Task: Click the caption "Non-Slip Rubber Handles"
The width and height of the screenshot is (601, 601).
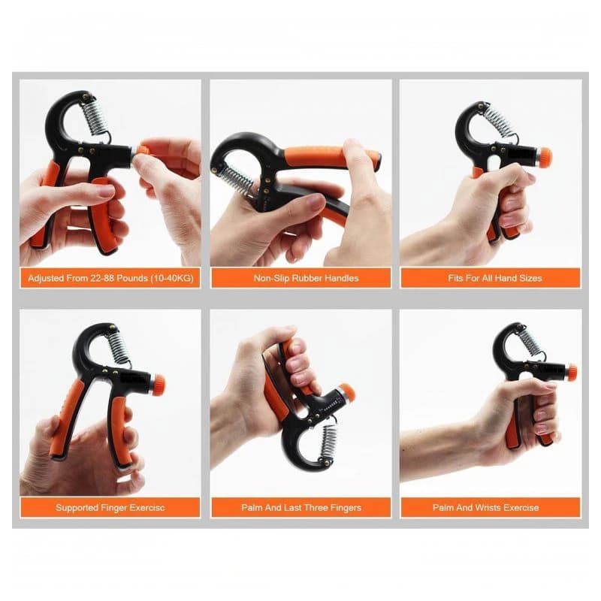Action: click(x=306, y=278)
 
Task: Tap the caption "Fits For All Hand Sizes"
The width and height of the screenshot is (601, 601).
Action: click(x=495, y=278)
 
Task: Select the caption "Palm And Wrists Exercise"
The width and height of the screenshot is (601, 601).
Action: click(x=485, y=508)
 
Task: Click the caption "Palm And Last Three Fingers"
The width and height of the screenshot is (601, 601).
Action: click(x=301, y=508)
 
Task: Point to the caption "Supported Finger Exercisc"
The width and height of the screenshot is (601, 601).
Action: click(x=110, y=508)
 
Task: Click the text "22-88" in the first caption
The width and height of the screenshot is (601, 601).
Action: click(x=102, y=278)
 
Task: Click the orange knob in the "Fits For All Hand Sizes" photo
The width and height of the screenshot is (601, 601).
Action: click(x=545, y=156)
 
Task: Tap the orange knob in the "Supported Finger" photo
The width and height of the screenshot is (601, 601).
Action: click(x=159, y=385)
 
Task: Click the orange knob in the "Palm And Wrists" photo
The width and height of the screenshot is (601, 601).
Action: click(x=572, y=373)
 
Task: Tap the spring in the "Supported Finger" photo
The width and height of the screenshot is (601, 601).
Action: click(x=119, y=347)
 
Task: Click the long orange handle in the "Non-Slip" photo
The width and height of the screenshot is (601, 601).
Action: click(x=331, y=157)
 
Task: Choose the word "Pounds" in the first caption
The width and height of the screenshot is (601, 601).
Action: click(x=132, y=278)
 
